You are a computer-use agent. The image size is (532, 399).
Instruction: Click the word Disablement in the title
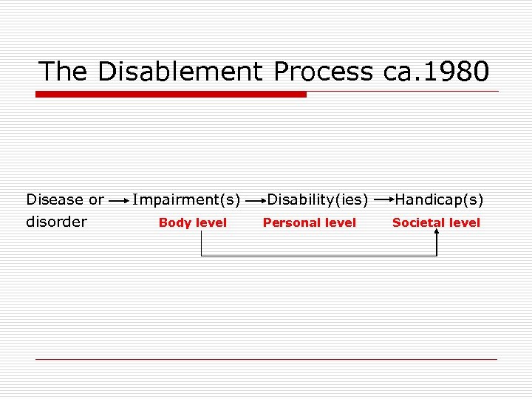(x=179, y=72)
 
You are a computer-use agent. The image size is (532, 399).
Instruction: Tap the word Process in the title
(x=323, y=72)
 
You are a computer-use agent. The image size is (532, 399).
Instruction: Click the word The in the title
(x=64, y=72)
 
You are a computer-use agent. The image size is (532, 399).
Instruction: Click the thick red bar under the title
(x=171, y=95)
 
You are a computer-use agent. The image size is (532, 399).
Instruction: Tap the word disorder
(x=56, y=222)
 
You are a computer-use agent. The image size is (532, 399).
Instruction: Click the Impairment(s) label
(x=186, y=199)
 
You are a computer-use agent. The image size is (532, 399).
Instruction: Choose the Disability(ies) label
(x=318, y=199)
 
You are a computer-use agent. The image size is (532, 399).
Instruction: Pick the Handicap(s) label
(x=439, y=199)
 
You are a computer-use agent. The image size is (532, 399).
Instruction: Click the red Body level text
(x=193, y=222)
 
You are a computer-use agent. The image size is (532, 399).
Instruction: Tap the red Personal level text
(x=310, y=222)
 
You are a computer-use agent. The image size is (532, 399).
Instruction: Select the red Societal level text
(x=436, y=222)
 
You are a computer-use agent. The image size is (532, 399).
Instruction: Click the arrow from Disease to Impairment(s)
(x=118, y=200)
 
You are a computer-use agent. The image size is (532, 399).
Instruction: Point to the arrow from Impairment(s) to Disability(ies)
(x=256, y=200)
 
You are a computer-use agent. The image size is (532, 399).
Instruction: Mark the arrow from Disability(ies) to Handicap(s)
(x=382, y=200)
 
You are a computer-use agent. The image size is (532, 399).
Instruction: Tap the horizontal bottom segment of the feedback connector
(x=318, y=256)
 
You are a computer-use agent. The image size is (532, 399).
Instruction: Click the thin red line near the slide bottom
(x=266, y=359)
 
